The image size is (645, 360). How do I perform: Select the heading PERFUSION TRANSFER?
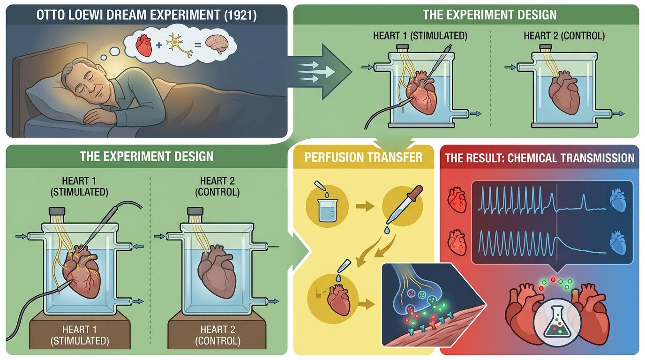pos(363,157)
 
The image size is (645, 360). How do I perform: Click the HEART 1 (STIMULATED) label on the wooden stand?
pos(79,334)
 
